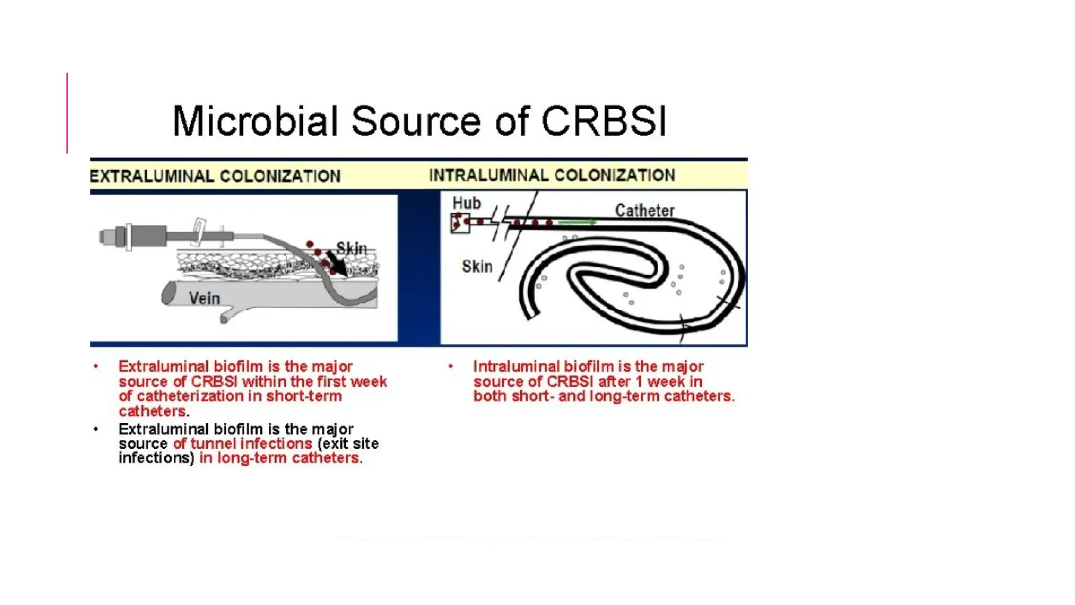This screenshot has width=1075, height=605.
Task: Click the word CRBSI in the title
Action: point(604,121)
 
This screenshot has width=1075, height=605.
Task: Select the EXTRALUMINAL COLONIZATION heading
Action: point(215,176)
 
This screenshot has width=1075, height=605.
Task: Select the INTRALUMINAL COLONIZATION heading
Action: point(552,175)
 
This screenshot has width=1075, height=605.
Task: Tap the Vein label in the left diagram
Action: point(204,298)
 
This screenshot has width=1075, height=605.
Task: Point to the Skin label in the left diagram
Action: point(351,248)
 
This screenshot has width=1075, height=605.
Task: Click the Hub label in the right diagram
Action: point(466,203)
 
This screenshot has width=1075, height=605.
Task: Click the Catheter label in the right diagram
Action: point(645,211)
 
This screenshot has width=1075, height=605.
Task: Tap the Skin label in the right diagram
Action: point(477,266)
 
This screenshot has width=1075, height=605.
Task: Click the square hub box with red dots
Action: point(460,223)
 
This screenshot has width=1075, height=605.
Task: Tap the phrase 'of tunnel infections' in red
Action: point(242,443)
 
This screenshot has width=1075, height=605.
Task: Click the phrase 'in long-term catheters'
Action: point(279,458)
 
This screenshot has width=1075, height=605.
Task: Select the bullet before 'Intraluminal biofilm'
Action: point(450,366)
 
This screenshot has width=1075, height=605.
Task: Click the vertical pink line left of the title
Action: point(67,113)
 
